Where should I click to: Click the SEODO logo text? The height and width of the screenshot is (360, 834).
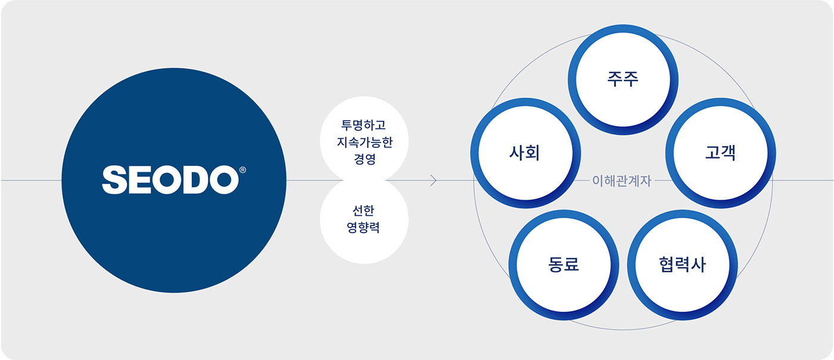(169, 180)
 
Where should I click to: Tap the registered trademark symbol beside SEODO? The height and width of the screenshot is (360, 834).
(242, 170)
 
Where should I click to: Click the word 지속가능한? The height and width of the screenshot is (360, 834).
(363, 143)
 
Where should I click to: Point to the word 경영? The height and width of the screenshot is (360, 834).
(363, 159)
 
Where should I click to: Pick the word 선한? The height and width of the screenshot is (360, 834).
(363, 211)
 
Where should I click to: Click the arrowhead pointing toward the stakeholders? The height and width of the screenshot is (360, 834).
(434, 181)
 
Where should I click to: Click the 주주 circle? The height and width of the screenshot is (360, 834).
(623, 80)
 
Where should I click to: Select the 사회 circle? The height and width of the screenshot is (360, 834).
(525, 153)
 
